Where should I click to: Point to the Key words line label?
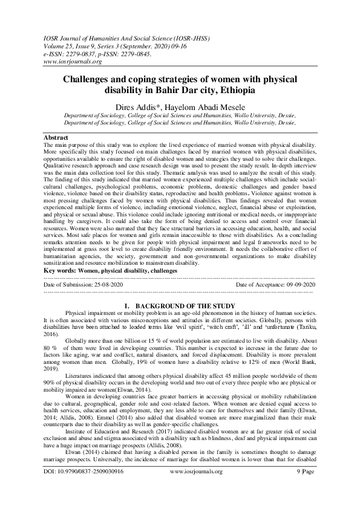64,271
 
